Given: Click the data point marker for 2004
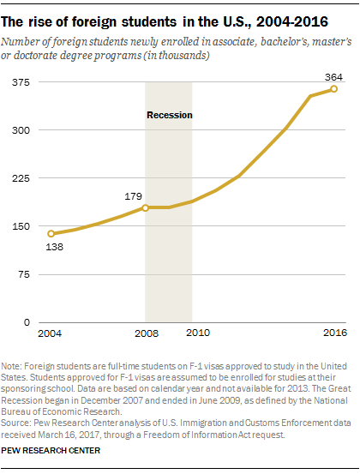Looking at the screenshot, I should [x=51, y=233].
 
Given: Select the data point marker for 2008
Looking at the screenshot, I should [x=146, y=207].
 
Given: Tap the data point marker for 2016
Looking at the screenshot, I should [x=333, y=89].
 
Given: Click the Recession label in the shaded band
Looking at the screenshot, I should [x=169, y=114].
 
